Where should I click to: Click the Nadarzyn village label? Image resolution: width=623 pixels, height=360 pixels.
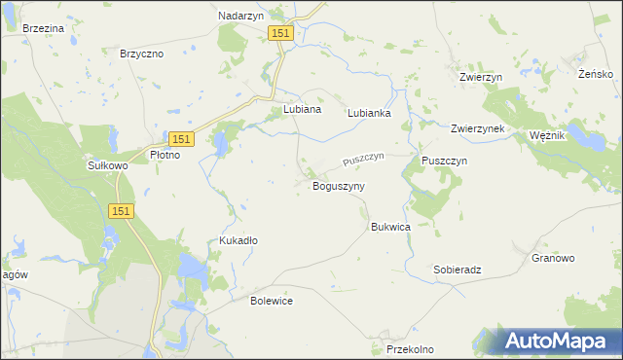click(x=243, y=17)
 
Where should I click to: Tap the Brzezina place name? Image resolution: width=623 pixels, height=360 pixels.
click(x=43, y=29)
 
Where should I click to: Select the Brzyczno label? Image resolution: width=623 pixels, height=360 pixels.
click(x=140, y=54)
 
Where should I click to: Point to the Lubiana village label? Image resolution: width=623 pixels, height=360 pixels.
click(x=302, y=110)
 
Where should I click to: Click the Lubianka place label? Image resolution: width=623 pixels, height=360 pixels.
click(x=370, y=113)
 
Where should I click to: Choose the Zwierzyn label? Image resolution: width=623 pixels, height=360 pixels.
click(x=480, y=76)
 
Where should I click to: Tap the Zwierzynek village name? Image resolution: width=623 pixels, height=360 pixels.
click(x=477, y=128)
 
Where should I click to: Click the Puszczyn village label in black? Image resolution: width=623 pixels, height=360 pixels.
click(x=445, y=160)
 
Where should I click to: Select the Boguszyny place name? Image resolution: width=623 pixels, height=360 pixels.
click(x=338, y=186)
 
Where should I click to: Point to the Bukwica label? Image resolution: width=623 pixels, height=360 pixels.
click(x=390, y=227)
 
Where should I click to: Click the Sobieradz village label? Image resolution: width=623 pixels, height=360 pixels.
click(x=458, y=270)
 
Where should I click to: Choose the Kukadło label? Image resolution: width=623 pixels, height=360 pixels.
click(x=238, y=239)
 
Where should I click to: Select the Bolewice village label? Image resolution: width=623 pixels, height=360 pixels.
click(x=272, y=301)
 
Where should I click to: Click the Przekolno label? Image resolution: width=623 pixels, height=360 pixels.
click(x=410, y=348)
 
